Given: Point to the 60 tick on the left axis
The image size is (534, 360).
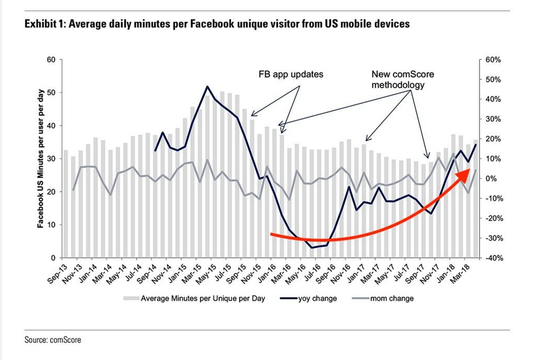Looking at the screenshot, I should pyautogui.click(x=51, y=59).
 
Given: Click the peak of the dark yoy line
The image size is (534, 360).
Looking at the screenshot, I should pyautogui.click(x=207, y=86).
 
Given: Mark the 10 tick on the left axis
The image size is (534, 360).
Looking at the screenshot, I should pyautogui.click(x=51, y=225).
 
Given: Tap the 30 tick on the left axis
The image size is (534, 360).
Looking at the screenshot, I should pyautogui.click(x=51, y=159).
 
